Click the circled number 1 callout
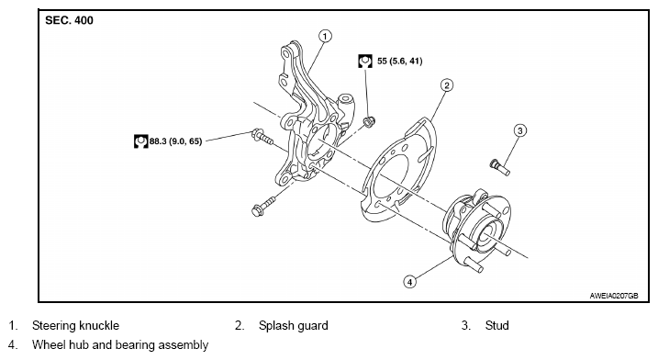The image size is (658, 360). pyautogui.click(x=325, y=36)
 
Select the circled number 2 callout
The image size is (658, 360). pyautogui.click(x=447, y=85)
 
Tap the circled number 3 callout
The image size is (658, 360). pyautogui.click(x=520, y=130)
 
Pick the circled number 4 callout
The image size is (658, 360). pyautogui.click(x=410, y=281)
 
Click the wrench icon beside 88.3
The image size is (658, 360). pyautogui.click(x=141, y=141)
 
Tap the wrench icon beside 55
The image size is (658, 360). pyautogui.click(x=365, y=61)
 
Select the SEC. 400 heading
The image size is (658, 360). pyautogui.click(x=69, y=20)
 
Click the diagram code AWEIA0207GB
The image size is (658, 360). pyautogui.click(x=614, y=296)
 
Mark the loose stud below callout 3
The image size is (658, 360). pyautogui.click(x=500, y=167)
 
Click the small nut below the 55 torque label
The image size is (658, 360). pyautogui.click(x=369, y=122)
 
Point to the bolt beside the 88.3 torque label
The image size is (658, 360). pyautogui.click(x=262, y=137)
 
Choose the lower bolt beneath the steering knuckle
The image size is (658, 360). pyautogui.click(x=264, y=206)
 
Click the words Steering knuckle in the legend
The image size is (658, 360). pyautogui.click(x=75, y=325)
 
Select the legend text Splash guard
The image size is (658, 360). pyautogui.click(x=294, y=325)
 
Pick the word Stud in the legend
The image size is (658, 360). pyautogui.click(x=496, y=325)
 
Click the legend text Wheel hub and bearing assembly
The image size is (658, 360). pyautogui.click(x=120, y=345)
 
